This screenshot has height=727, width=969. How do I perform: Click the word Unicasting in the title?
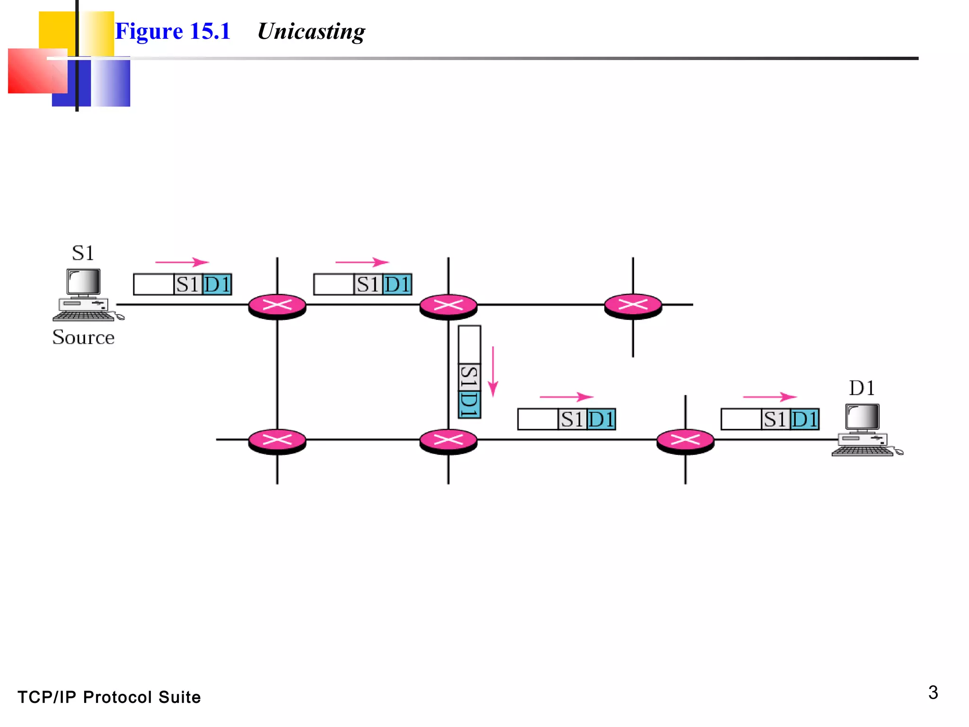(x=311, y=32)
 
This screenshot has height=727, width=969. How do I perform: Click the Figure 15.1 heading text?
(x=173, y=32)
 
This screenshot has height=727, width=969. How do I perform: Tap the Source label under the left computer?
(x=83, y=337)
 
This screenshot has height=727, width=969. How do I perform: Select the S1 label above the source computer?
(x=83, y=253)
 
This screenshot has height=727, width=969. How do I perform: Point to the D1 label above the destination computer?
(x=862, y=388)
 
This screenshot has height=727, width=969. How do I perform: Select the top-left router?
(x=277, y=306)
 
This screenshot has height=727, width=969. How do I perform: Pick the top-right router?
(x=633, y=306)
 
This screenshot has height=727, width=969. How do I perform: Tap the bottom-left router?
(x=277, y=441)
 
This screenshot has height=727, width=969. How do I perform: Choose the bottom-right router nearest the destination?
(x=685, y=441)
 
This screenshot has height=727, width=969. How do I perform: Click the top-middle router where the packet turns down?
(x=448, y=306)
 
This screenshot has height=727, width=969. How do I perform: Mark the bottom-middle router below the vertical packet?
(x=448, y=441)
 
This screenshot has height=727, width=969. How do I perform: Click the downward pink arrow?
(x=493, y=372)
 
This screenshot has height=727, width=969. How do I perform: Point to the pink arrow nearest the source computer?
(x=182, y=262)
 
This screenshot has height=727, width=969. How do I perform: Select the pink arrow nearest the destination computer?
(x=769, y=397)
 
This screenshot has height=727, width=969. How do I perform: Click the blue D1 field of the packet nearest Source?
(x=217, y=284)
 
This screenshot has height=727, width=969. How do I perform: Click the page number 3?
(x=933, y=692)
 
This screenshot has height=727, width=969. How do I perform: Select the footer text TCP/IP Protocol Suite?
(x=109, y=697)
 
